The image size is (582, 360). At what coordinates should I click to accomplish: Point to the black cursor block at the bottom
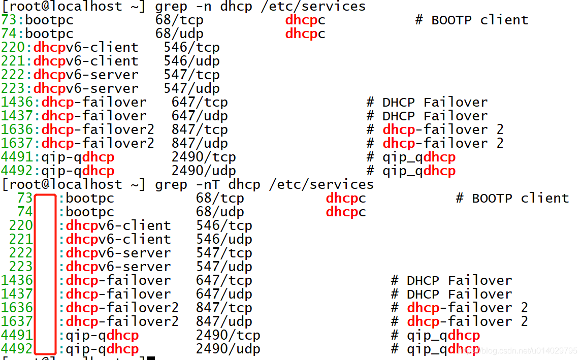coord(150,358)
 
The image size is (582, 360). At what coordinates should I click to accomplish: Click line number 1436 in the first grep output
coord(17,102)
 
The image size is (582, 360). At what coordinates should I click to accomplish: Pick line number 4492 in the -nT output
coord(17,348)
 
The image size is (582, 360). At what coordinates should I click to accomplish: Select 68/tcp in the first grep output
coord(179,20)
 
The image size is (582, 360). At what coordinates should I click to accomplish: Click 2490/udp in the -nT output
coord(228,349)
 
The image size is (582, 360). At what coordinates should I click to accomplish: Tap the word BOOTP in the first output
coord(451,20)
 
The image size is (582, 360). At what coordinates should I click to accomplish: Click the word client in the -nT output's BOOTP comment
coord(544,198)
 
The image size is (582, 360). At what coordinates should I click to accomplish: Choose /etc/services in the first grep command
coord(313,6)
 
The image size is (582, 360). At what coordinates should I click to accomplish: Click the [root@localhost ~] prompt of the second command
coord(74,184)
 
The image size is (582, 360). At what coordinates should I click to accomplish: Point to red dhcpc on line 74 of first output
coord(305,34)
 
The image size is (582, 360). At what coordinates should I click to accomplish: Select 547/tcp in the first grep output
coord(191,75)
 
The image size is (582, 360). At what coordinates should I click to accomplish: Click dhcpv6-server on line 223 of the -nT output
coord(118,267)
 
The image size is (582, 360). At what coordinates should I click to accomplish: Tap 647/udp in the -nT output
coord(224,294)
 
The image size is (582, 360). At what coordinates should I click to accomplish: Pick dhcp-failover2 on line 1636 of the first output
coord(98,129)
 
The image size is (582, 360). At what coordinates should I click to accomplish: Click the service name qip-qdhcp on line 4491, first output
coord(78,157)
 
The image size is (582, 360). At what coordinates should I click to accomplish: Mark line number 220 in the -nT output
coord(21,225)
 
